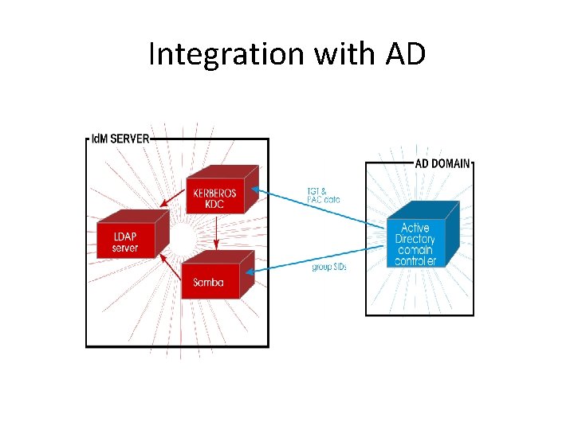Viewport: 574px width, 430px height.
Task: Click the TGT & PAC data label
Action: point(323,195)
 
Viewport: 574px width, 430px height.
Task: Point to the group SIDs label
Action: point(328,267)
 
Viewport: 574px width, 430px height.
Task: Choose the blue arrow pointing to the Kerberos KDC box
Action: point(319,209)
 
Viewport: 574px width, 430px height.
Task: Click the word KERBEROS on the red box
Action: point(214,193)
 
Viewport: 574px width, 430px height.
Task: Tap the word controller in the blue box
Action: point(415,260)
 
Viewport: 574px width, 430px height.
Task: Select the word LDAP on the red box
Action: point(124,237)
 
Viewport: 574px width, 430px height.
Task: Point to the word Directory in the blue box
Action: point(415,239)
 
